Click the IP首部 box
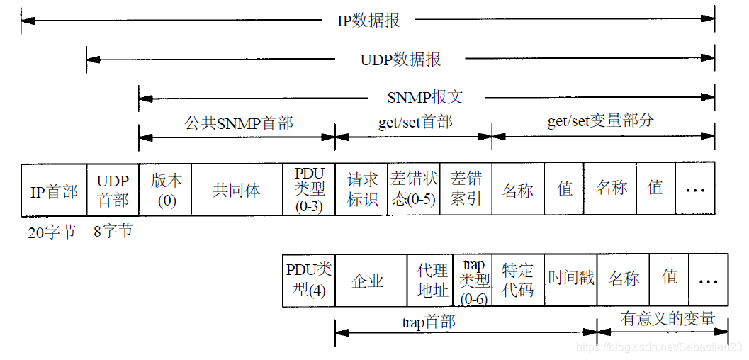54,190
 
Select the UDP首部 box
113,190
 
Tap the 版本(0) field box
166,190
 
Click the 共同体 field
237,190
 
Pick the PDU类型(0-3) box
309,190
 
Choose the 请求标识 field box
361,190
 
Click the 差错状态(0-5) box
414,190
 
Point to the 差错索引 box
466,190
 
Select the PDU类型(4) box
309,280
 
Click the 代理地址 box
432,280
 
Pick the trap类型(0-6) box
473,280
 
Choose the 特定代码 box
517,280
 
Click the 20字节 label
51,232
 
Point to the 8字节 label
113,231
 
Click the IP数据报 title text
368,20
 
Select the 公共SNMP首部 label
239,123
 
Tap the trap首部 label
428,322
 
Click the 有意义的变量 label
668,319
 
